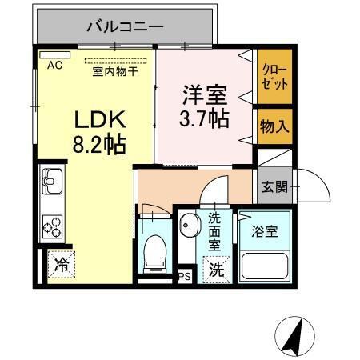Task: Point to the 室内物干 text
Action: click(x=118, y=70)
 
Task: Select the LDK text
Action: click(x=98, y=120)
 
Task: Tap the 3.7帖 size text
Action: click(x=202, y=120)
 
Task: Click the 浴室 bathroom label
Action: click(x=266, y=232)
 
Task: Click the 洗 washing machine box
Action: click(x=216, y=270)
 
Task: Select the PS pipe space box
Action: click(x=184, y=278)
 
